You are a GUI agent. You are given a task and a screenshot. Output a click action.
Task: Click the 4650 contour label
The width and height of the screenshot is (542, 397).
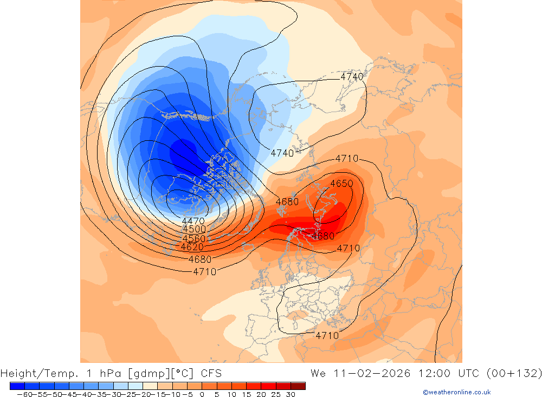tap(341, 184)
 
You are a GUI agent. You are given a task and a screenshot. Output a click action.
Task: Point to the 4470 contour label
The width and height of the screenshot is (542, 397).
tap(193, 221)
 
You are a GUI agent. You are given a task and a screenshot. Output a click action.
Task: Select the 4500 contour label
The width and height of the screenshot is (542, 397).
tap(194, 230)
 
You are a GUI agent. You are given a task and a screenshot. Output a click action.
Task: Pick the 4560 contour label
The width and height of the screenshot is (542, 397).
tap(193, 238)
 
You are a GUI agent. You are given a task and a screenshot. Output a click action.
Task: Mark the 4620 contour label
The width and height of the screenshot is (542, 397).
tap(192, 247)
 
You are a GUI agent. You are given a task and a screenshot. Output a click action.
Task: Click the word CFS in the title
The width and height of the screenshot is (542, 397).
tap(211, 374)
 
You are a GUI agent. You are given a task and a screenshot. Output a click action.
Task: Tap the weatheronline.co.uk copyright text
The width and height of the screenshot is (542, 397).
tap(456, 392)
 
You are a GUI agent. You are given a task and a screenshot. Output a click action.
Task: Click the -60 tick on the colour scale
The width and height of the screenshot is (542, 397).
tap(24, 394)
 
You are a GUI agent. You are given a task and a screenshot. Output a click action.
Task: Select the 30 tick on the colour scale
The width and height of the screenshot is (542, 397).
tap(291, 394)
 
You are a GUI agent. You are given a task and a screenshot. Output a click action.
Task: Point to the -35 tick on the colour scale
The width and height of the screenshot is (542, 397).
tap(98, 394)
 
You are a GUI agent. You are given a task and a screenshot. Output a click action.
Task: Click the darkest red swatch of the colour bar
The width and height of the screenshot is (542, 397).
tap(298, 386)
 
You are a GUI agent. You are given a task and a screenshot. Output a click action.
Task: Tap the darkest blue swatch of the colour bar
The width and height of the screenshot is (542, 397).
tap(17, 386)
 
